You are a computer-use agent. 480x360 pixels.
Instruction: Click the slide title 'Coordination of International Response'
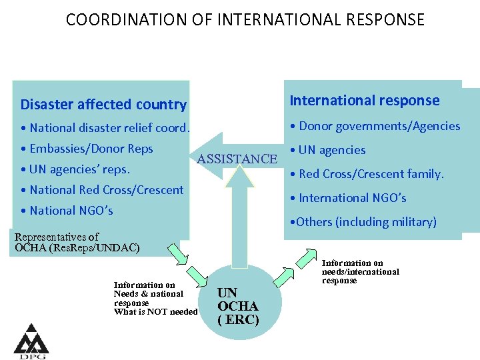pyautogui.click(x=245, y=19)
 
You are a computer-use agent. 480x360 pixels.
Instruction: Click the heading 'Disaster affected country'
pyautogui.click(x=103, y=105)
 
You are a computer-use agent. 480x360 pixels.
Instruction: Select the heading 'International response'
pyautogui.click(x=364, y=101)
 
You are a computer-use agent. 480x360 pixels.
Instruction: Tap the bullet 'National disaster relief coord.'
pyautogui.click(x=105, y=127)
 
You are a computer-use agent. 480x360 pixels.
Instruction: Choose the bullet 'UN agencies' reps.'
pyautogui.click(x=75, y=169)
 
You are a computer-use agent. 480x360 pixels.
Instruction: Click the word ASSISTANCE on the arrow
pyautogui.click(x=237, y=159)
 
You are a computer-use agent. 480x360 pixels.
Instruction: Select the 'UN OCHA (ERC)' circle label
pyautogui.click(x=237, y=306)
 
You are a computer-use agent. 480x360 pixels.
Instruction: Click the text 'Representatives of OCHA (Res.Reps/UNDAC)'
pyautogui.click(x=77, y=243)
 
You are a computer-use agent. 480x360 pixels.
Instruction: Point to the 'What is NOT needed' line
pyautogui.click(x=155, y=312)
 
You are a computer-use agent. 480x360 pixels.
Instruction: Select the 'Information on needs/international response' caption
pyautogui.click(x=360, y=271)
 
